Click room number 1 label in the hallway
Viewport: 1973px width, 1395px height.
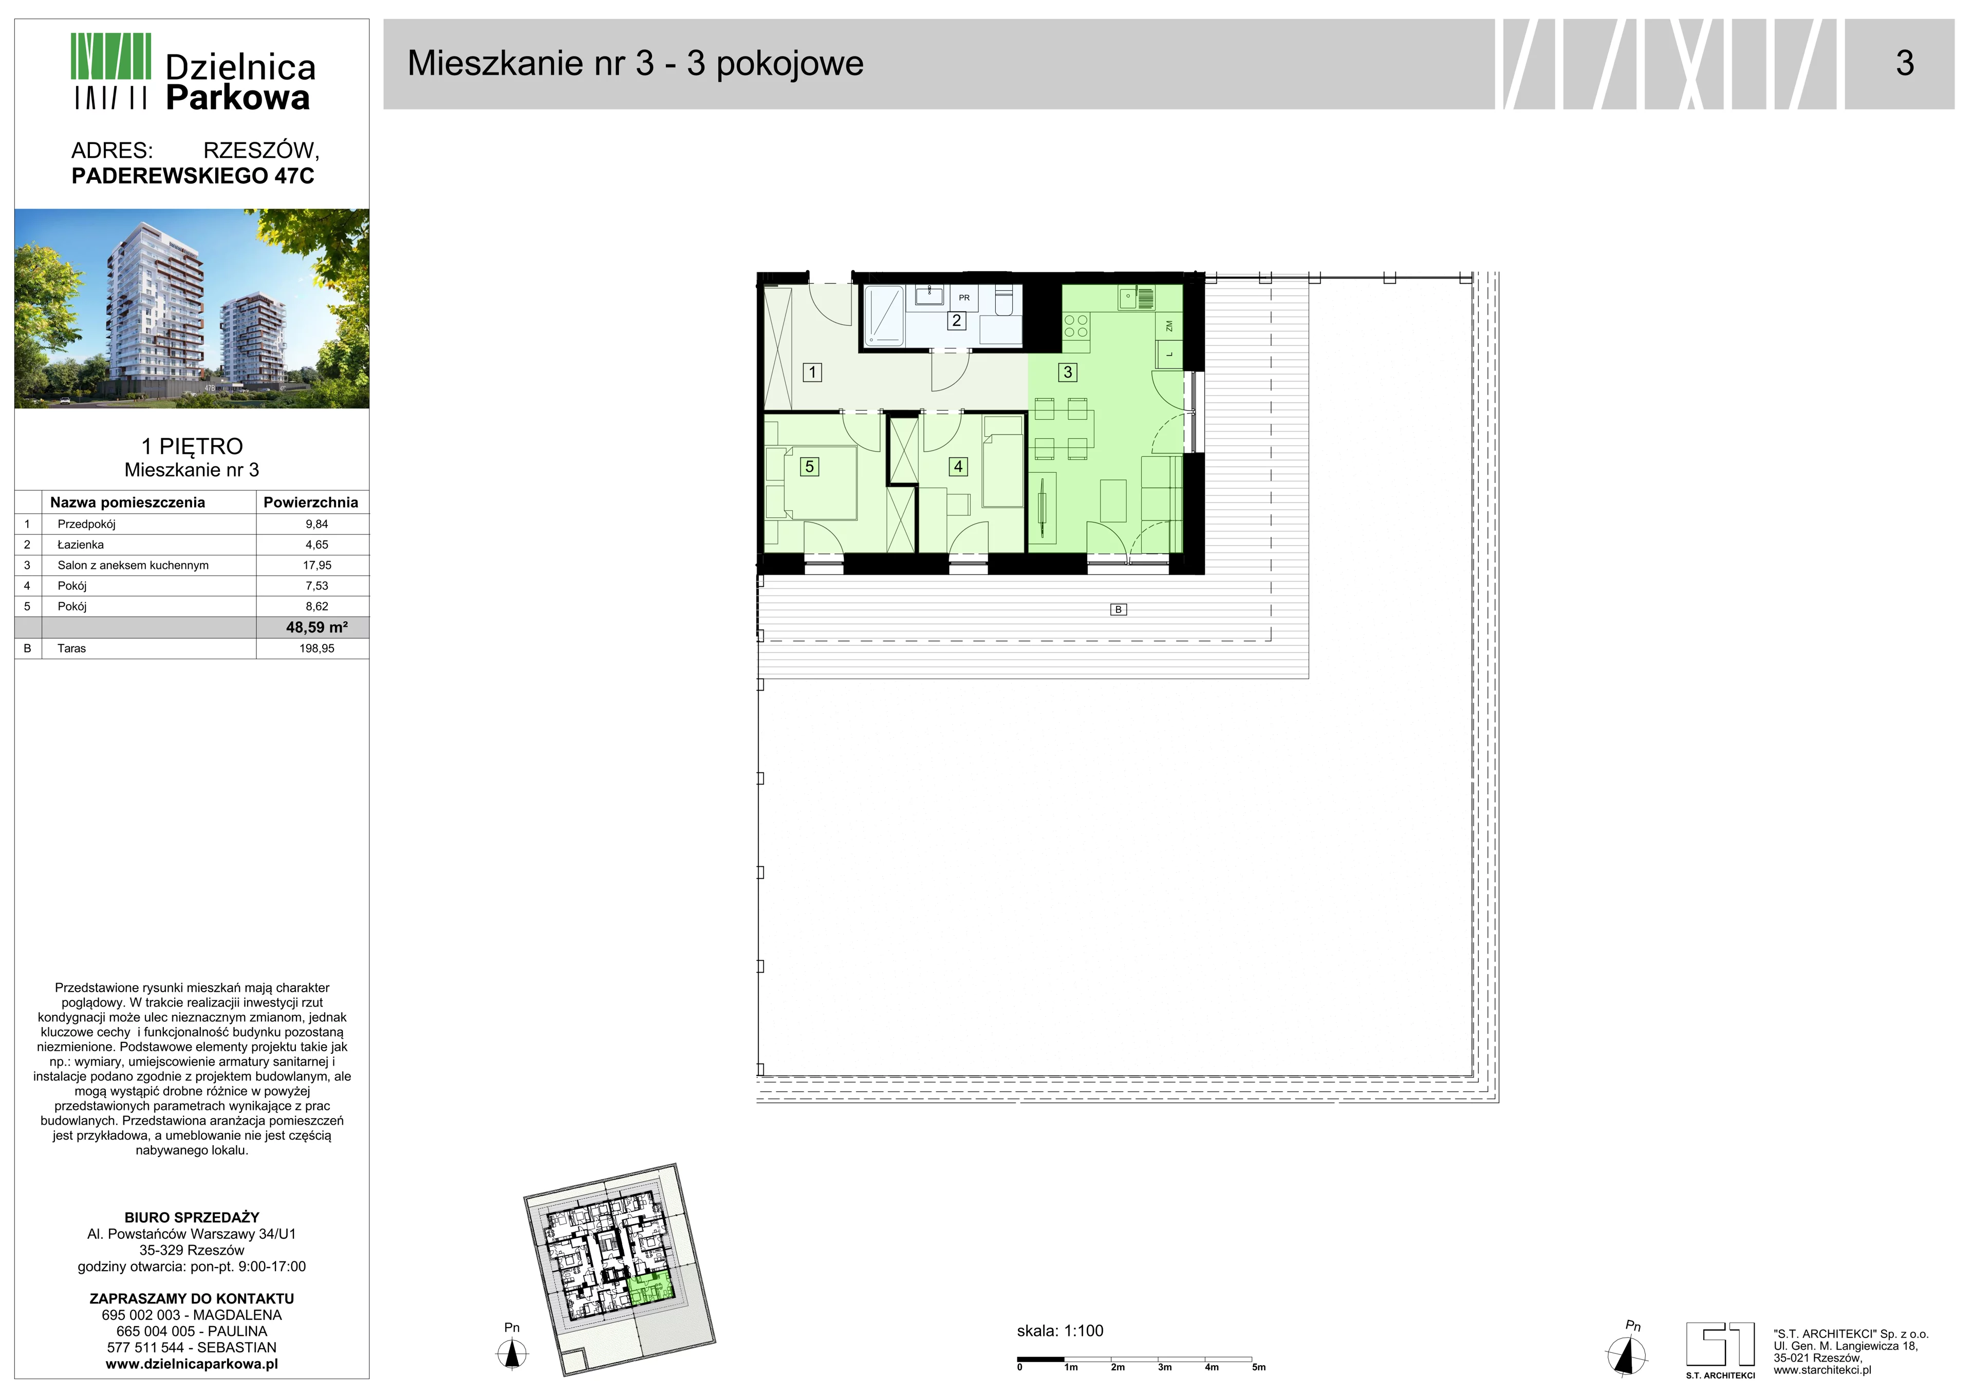pos(812,372)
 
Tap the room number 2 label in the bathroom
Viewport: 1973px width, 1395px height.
pos(956,321)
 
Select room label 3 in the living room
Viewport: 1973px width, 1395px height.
pos(1068,372)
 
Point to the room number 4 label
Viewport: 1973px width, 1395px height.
pos(958,466)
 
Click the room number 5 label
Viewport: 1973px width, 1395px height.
pos(809,466)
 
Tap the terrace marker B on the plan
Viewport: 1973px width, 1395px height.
pos(1118,609)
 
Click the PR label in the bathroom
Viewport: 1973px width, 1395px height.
pos(964,297)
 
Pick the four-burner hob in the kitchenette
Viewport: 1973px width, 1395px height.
pos(1076,326)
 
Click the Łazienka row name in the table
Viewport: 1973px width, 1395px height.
pos(81,544)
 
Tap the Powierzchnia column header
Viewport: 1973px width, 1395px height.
pos(311,502)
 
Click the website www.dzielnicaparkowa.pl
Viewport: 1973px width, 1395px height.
pos(192,1364)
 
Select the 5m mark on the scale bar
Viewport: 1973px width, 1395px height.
pos(1259,1367)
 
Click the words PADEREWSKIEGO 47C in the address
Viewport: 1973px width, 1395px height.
pos(193,176)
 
